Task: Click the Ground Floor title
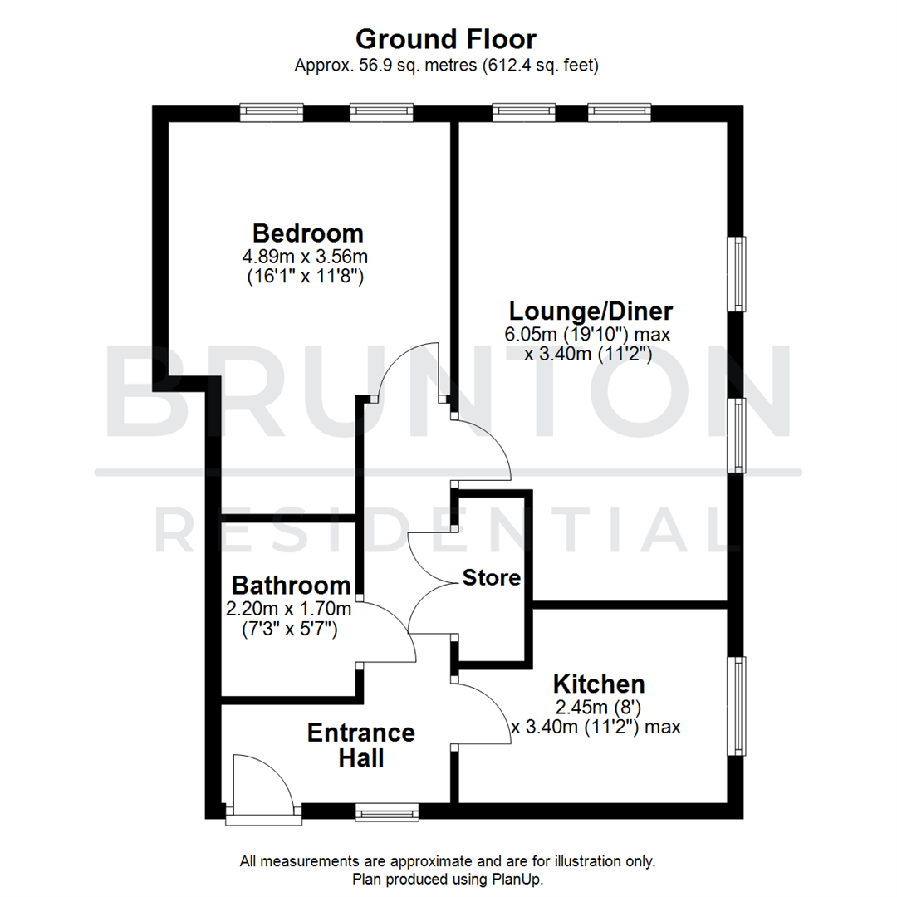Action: click(x=446, y=38)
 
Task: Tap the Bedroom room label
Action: click(x=308, y=233)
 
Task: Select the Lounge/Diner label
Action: click(x=591, y=311)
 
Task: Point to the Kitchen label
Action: click(x=599, y=684)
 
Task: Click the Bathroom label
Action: click(x=291, y=585)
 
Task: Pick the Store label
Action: click(x=492, y=577)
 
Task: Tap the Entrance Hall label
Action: click(x=360, y=745)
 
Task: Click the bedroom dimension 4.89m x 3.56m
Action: click(x=308, y=257)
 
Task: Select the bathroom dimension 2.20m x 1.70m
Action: click(x=288, y=609)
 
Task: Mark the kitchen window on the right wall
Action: click(x=736, y=706)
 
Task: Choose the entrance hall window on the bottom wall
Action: click(x=387, y=811)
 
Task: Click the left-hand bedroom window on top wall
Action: click(x=272, y=112)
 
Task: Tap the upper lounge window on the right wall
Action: click(x=736, y=274)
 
